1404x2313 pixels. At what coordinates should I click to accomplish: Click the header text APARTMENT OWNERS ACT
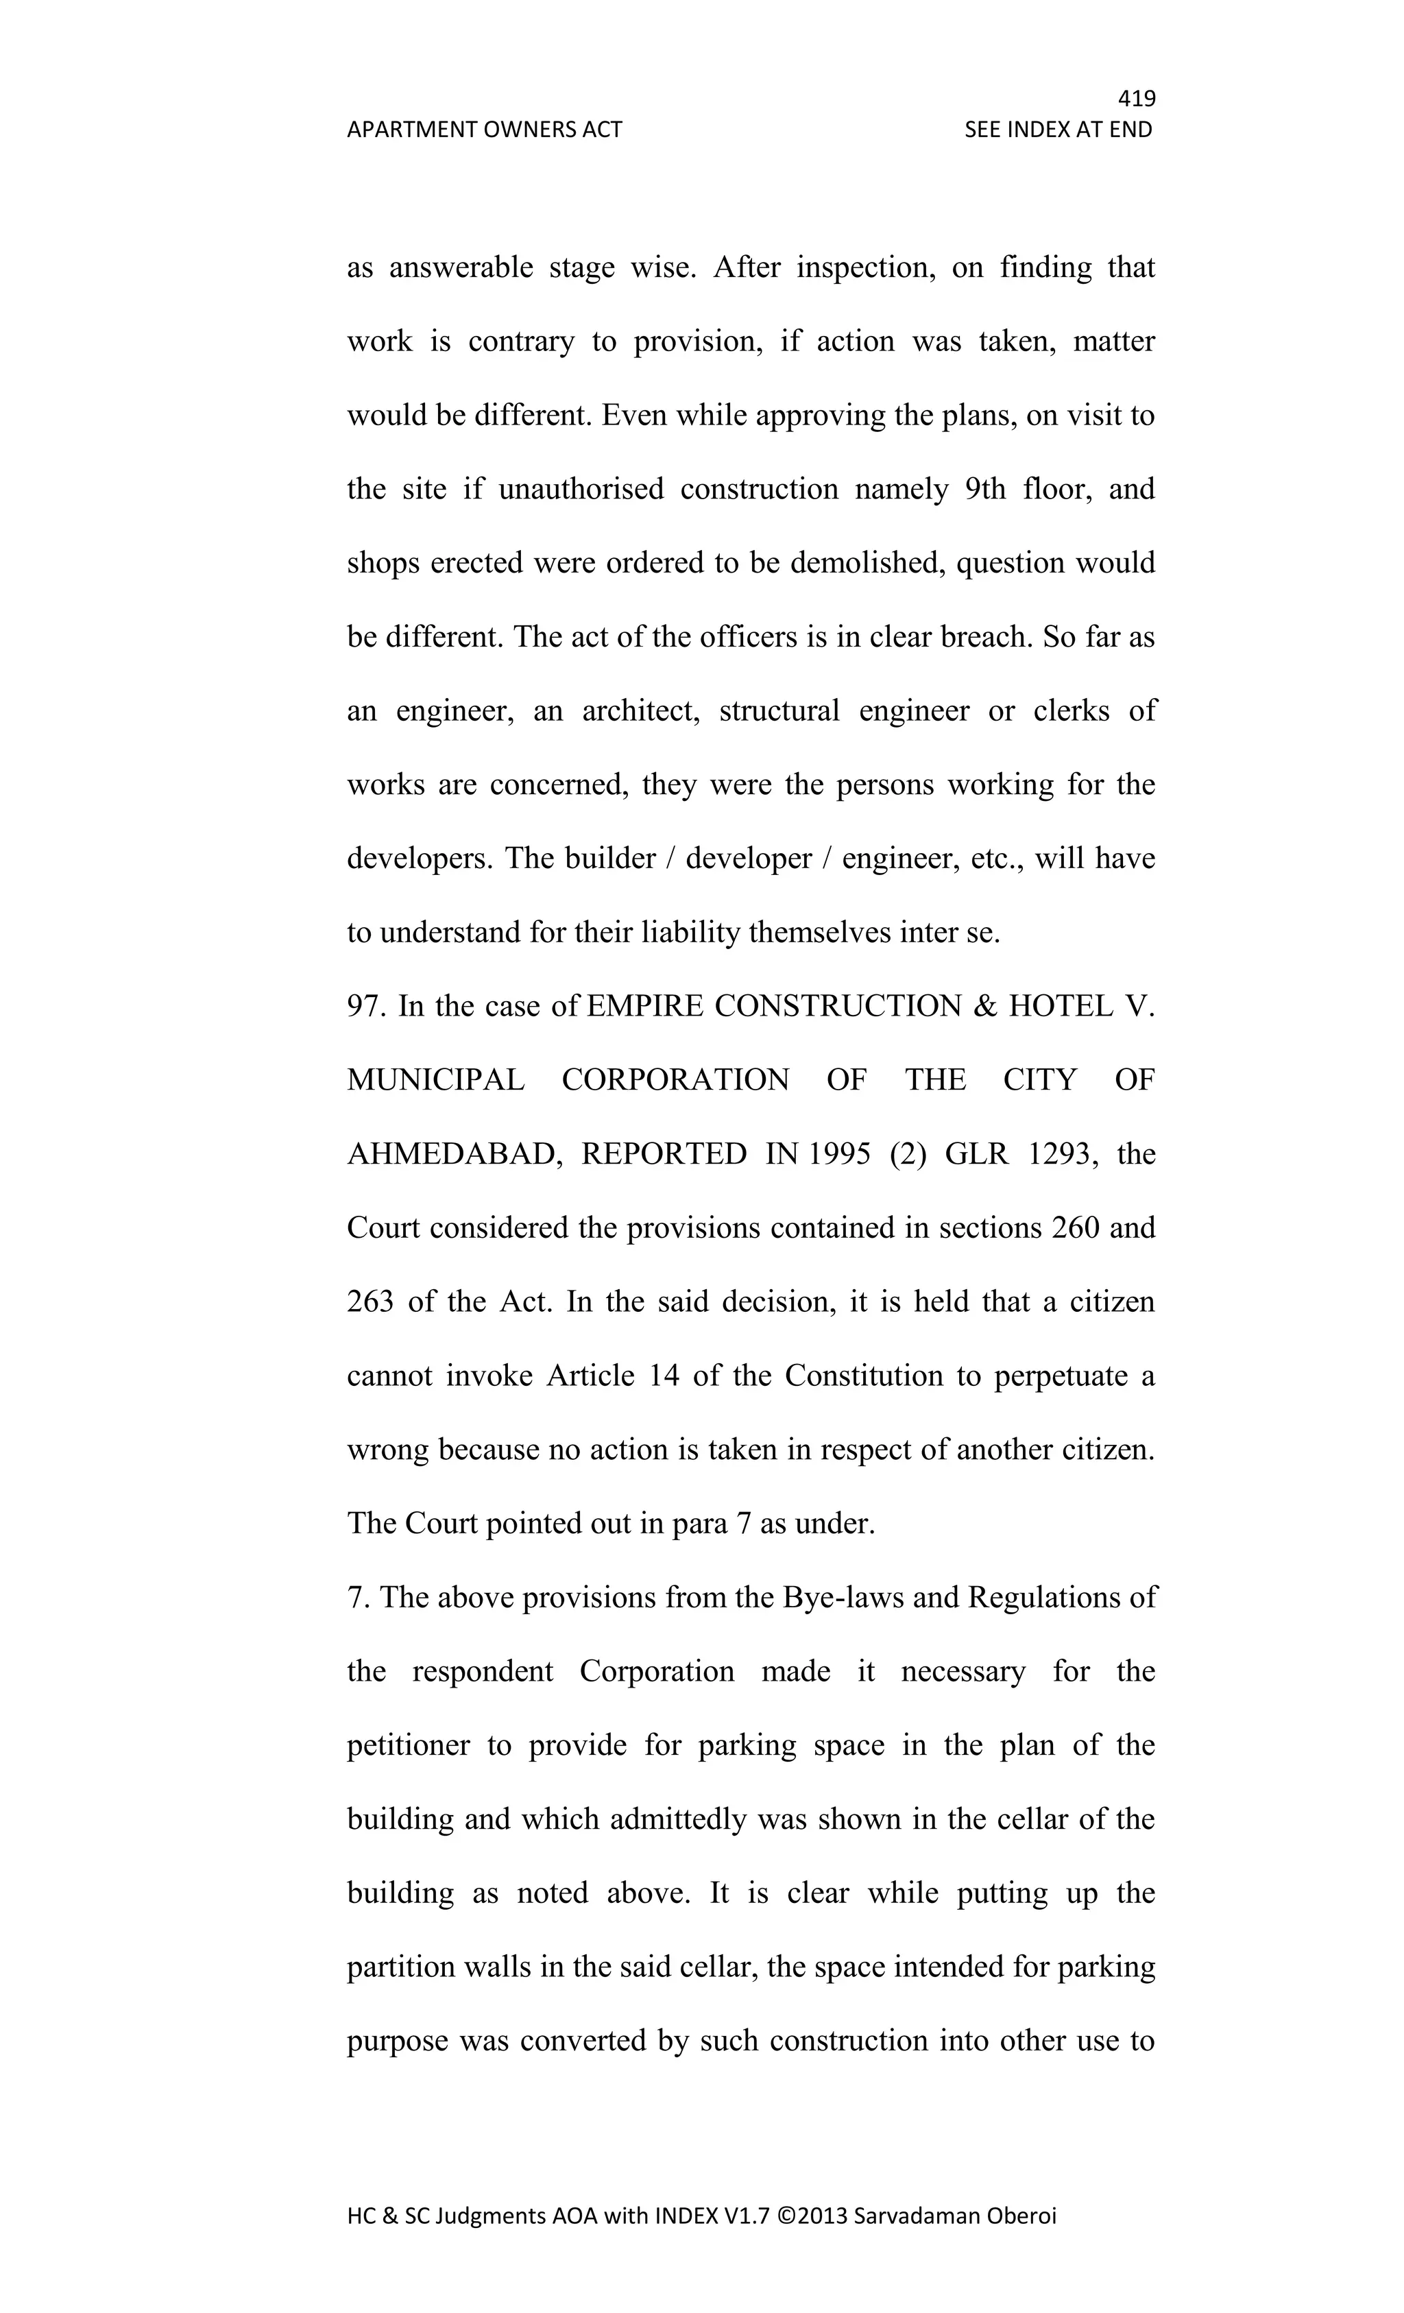click(x=484, y=130)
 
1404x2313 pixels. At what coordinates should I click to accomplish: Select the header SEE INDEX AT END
click(x=1058, y=130)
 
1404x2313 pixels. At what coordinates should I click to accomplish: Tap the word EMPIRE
click(x=644, y=1006)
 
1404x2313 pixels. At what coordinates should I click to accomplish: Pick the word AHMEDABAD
click(x=455, y=1153)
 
